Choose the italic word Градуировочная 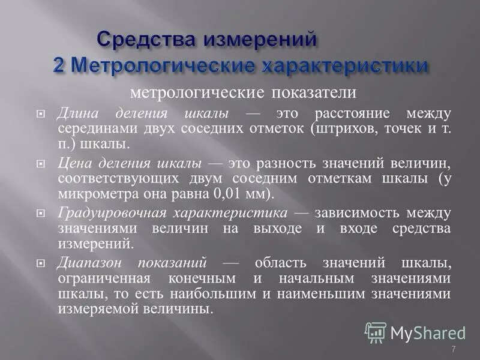click(111, 213)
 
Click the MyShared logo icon click(375, 332)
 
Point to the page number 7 click(453, 350)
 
